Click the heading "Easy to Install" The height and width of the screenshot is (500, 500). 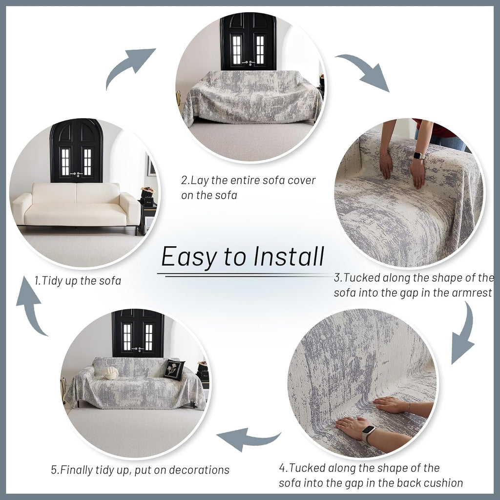pos(243,257)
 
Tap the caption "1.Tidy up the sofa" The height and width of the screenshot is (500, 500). pos(78,281)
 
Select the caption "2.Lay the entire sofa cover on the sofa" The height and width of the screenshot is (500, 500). pos(249,187)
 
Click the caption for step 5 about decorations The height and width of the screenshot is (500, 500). pos(140,470)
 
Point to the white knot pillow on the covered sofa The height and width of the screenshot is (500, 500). pos(111,373)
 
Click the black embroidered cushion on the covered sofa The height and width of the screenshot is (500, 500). pos(173,369)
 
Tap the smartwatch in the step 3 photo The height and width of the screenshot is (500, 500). pos(419,156)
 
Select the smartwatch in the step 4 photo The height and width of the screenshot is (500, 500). pos(369,432)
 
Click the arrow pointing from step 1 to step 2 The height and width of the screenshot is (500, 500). pos(129,66)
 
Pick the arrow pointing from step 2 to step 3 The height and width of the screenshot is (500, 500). pos(364,71)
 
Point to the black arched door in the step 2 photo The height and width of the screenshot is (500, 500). pos(248,42)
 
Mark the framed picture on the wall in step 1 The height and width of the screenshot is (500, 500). pos(152,166)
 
